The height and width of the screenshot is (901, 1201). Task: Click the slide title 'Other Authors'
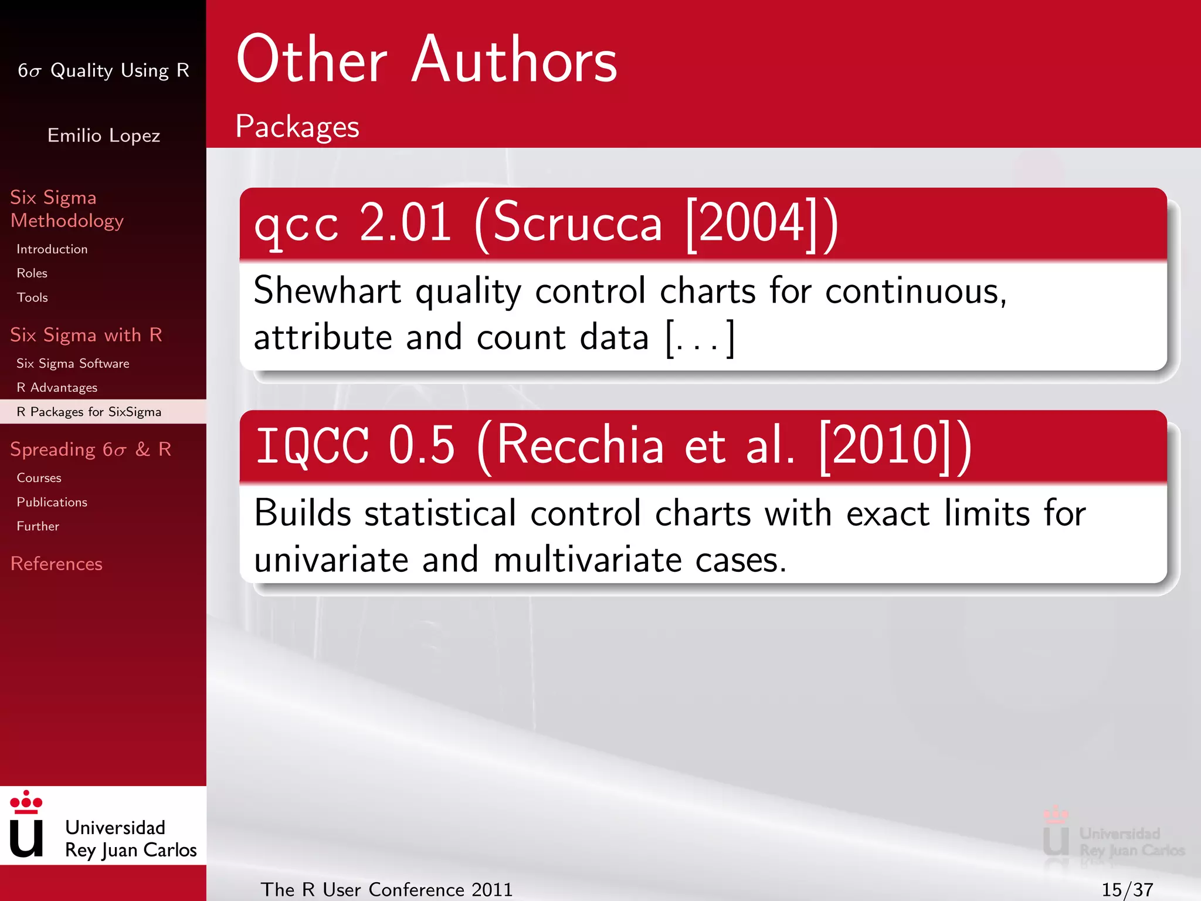(426, 60)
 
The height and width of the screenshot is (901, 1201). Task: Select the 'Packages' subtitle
(297, 127)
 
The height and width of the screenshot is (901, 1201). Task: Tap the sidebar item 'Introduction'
(52, 249)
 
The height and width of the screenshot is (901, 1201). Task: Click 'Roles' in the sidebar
(32, 273)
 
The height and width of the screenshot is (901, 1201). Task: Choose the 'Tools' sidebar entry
(32, 297)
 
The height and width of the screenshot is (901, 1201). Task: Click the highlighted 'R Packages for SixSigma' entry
(89, 412)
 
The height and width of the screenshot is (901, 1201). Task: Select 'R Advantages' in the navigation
(57, 388)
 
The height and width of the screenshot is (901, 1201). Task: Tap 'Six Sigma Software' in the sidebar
(73, 364)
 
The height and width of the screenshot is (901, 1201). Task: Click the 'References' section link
(56, 564)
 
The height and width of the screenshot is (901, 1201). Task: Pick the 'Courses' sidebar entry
(39, 478)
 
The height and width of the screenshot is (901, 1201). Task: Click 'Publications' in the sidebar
(52, 502)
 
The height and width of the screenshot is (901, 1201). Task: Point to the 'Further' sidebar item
(38, 526)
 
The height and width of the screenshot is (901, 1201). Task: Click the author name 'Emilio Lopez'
(104, 136)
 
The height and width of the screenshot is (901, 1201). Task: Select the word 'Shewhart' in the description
(327, 291)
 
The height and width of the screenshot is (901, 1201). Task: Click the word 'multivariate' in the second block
(587, 560)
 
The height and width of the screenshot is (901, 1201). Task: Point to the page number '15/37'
(1127, 889)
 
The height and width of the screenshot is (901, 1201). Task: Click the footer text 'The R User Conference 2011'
(386, 889)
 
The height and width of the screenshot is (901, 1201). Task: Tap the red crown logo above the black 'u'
(26, 802)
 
